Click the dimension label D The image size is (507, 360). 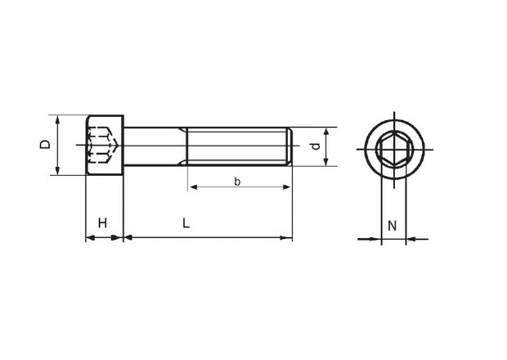tap(46, 144)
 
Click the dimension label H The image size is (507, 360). tap(103, 223)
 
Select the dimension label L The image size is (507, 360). tap(186, 223)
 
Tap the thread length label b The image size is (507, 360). tap(237, 182)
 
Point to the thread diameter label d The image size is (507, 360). tap(314, 146)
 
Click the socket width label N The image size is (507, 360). tap(392, 225)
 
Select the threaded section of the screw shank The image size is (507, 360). tap(237, 147)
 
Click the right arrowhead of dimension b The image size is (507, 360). tap(287, 187)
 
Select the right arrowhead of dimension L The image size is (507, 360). tap(288, 238)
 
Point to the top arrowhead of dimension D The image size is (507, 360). tap(57, 119)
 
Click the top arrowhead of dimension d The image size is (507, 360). tap(327, 131)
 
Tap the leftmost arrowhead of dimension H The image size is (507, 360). tap(89, 238)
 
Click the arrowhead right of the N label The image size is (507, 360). tap(410, 240)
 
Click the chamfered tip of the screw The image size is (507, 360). tap(289, 147)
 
